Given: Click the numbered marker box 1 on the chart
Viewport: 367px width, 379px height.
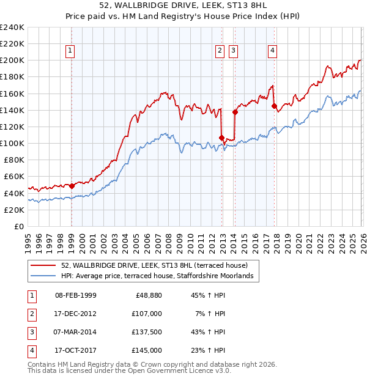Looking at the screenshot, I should [71, 51].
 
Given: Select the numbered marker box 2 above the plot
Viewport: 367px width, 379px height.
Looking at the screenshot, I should [220, 51].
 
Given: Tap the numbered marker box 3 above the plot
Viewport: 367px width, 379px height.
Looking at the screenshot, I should [234, 51].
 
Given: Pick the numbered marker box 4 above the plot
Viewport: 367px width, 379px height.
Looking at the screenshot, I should [272, 51].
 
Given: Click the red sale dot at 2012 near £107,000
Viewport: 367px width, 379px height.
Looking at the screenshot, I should [221, 138].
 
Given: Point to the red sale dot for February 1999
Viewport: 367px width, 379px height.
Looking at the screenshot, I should [72, 186].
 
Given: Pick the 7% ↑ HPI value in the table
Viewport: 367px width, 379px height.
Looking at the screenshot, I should [209, 314].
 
